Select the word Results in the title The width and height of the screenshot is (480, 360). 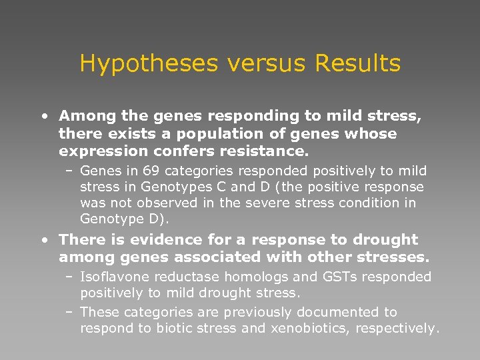pos(357,64)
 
